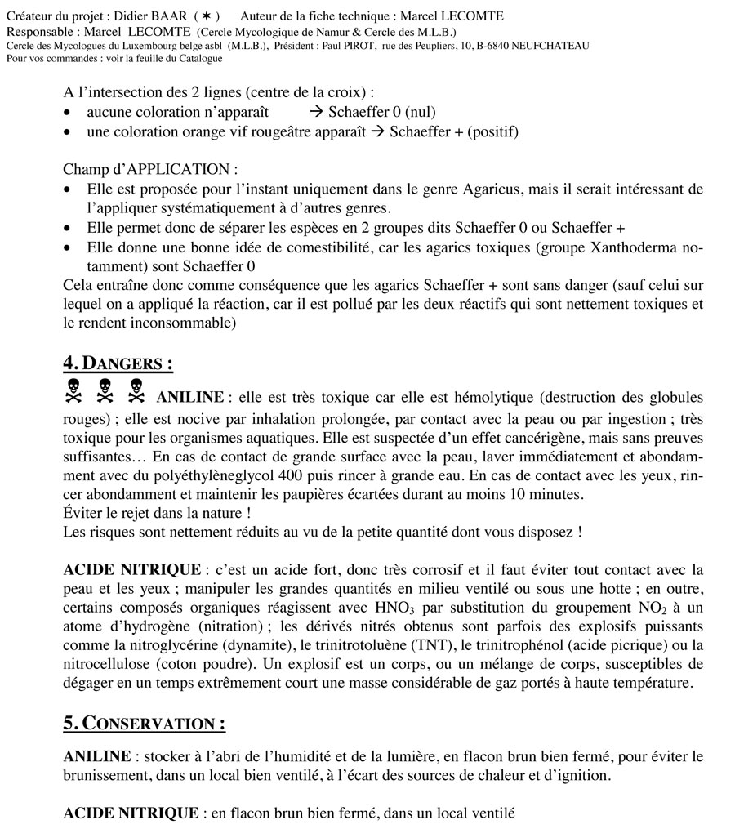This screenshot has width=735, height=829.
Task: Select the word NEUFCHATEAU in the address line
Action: [550, 46]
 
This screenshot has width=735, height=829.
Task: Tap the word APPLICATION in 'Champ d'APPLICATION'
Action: [189, 170]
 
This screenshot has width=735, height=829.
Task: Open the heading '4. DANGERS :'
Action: [118, 363]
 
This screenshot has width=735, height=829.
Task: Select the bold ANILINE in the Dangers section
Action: [189, 398]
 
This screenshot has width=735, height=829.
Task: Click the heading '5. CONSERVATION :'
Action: [144, 724]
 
